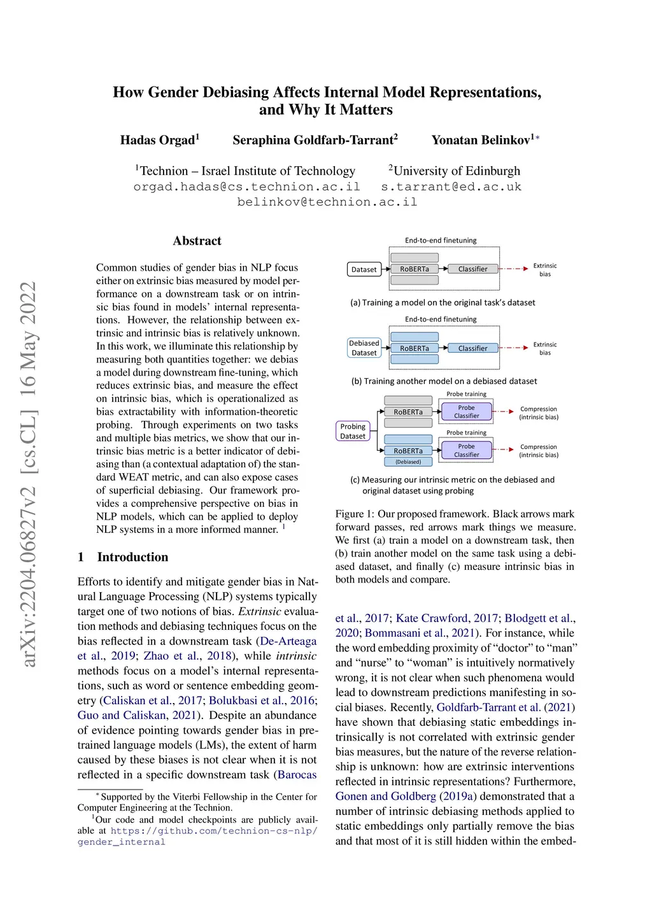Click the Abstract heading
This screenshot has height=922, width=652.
pos(197,241)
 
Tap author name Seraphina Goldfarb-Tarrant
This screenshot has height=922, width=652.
pos(313,140)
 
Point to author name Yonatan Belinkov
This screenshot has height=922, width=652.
pos(481,140)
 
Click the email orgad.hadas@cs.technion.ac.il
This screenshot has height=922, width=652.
pos(246,187)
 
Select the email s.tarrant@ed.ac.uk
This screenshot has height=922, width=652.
pos(451,187)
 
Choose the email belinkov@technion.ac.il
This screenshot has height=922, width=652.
pos(327,202)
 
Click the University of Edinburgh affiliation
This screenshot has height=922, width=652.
pos(456,171)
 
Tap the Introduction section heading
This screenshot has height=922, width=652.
pos(132,557)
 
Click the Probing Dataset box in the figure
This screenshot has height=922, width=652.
pos(353,431)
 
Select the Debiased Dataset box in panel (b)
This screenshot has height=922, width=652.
pos(364,348)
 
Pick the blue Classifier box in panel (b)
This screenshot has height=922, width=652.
pos(472,348)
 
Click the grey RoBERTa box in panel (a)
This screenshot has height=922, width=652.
pos(415,269)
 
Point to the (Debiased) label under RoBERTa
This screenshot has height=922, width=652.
pos(408,462)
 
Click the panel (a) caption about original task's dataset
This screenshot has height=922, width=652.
pos(443,303)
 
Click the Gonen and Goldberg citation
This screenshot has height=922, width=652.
pos(386,797)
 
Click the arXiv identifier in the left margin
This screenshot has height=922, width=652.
pos(28,474)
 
